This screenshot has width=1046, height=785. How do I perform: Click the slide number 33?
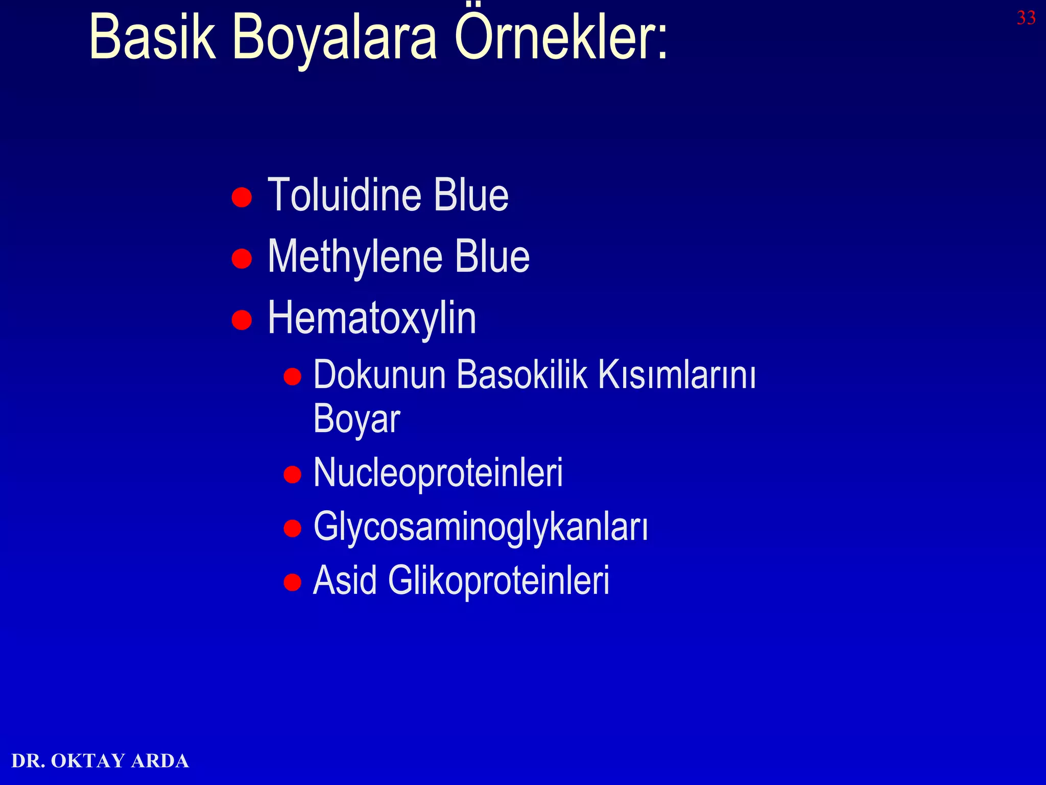click(1026, 18)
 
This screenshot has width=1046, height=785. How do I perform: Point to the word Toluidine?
click(345, 195)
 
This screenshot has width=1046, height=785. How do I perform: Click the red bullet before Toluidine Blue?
click(242, 197)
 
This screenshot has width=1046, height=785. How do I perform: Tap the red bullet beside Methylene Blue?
click(242, 258)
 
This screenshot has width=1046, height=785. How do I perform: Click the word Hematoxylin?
click(372, 318)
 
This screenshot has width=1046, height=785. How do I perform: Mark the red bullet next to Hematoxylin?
click(242, 320)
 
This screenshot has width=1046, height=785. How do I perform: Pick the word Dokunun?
click(379, 375)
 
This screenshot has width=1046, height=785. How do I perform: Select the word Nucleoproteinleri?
click(438, 472)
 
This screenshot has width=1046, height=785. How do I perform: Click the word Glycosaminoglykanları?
click(481, 527)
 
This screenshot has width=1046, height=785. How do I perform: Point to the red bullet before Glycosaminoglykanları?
click(292, 528)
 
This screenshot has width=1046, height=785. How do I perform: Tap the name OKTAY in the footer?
click(88, 761)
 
